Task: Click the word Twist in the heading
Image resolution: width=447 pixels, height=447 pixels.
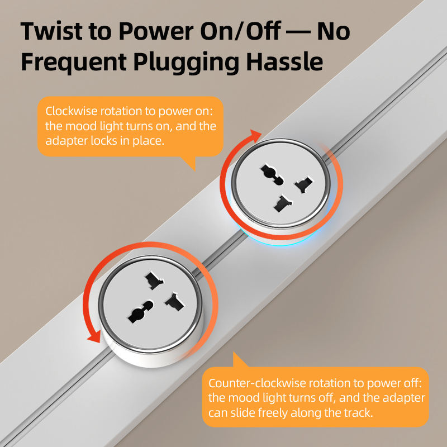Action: tap(51, 31)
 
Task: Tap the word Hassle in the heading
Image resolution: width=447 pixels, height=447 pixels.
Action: tap(284, 61)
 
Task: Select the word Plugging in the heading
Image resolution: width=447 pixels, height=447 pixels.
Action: tap(186, 63)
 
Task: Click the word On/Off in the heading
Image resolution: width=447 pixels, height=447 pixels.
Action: tap(240, 31)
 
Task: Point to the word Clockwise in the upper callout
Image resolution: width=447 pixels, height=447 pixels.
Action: tap(72, 111)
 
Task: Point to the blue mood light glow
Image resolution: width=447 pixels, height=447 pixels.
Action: tap(281, 240)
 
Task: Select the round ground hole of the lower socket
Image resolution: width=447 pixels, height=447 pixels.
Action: tap(140, 312)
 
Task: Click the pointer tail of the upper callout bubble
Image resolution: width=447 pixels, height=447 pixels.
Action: tap(189, 163)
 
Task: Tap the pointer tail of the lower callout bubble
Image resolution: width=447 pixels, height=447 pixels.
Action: tap(240, 360)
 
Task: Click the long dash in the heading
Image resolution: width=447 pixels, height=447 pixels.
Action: tap(298, 32)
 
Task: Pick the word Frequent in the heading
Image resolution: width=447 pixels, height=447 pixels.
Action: tap(74, 62)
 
